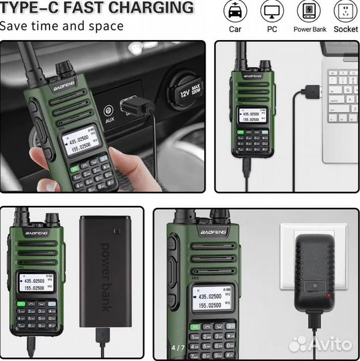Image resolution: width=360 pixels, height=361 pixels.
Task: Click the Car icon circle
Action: [235, 11]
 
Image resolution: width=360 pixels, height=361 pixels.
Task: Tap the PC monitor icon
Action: [272, 11]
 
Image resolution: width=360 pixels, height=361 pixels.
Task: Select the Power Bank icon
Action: [309, 11]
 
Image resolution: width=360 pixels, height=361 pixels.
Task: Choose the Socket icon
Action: [345, 11]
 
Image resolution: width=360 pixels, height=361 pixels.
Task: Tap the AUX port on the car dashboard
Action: [108, 111]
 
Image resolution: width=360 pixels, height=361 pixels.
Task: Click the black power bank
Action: [104, 270]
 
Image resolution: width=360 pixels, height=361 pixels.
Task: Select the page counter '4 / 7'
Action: [178, 348]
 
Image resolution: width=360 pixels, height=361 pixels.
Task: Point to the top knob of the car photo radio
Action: [64, 68]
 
